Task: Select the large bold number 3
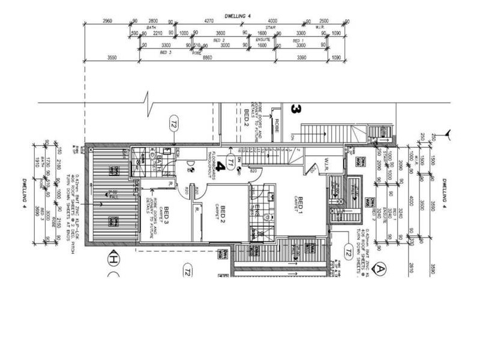click(295, 109)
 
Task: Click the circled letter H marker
click(112, 260)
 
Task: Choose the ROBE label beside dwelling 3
click(277, 125)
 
